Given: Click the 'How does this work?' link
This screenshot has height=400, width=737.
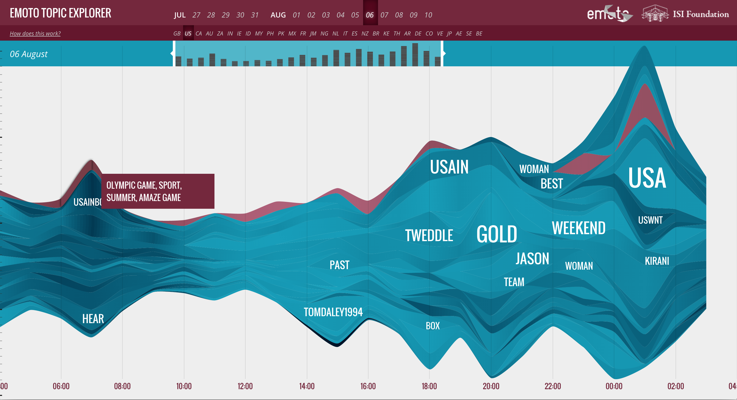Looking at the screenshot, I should pos(35,33).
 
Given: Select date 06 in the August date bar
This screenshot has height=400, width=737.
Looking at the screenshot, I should pos(370,15).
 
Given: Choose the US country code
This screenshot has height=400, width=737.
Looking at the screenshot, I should pos(188,33).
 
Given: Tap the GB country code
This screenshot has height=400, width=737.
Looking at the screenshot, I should pos(177,33).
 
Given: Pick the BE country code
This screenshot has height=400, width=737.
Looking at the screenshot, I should pos(479,33).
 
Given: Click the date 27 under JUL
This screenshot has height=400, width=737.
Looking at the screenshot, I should pos(196,15).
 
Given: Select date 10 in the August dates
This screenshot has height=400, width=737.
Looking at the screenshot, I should pos(428,15).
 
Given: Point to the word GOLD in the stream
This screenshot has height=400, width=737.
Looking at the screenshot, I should pos(497,234).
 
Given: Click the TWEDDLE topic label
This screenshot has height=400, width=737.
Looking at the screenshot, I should pos(429,235).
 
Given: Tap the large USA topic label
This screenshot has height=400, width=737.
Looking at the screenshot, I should pos(647,178).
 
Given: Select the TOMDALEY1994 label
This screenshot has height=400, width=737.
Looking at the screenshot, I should pos(333,312).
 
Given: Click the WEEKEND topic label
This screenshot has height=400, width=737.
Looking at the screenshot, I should pos(579,228).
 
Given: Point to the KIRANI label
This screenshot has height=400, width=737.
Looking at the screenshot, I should pos(657,261).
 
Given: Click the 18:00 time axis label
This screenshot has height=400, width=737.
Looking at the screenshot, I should pos(429,386).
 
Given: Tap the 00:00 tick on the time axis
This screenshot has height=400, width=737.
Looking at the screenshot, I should pos(614,386).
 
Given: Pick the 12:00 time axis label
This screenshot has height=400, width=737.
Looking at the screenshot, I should pos(245,386).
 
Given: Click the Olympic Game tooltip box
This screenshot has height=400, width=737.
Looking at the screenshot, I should pos(158,191).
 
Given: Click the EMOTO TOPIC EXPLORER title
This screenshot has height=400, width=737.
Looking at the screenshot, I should pos(60,13).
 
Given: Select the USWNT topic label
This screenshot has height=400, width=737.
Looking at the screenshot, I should pos(650,220).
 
